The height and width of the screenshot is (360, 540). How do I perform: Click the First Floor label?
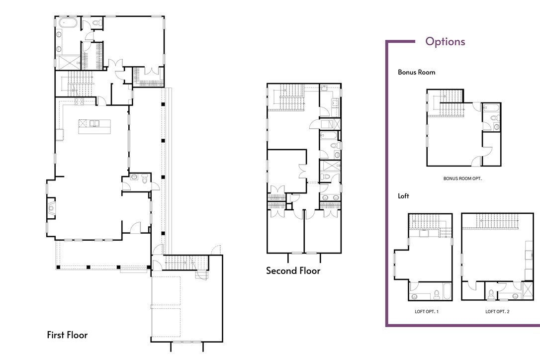(x=67, y=335)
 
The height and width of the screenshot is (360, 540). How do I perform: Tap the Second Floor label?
(x=293, y=271)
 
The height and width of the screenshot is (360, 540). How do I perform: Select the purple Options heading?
(x=446, y=41)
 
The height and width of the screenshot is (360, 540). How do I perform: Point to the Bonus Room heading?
(x=416, y=72)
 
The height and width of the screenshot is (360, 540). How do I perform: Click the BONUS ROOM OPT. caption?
(x=462, y=179)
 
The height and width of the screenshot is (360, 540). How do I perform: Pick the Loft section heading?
(x=403, y=196)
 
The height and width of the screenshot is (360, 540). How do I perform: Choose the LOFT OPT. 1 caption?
(x=427, y=311)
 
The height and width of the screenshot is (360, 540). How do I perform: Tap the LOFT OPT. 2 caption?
(x=497, y=311)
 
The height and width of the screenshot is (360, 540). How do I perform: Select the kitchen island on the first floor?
(x=94, y=126)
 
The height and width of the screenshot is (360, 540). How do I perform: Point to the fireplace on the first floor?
(x=51, y=208)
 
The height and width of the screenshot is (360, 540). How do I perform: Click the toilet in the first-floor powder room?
(x=144, y=179)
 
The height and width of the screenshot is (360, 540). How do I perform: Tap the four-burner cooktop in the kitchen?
(x=79, y=101)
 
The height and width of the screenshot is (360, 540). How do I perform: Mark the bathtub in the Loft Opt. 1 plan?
(x=446, y=291)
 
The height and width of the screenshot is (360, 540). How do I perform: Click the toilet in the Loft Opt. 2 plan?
(x=491, y=294)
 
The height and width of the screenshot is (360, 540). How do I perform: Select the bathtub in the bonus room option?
(x=491, y=107)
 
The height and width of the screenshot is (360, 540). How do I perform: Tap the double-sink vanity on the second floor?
(x=330, y=198)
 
